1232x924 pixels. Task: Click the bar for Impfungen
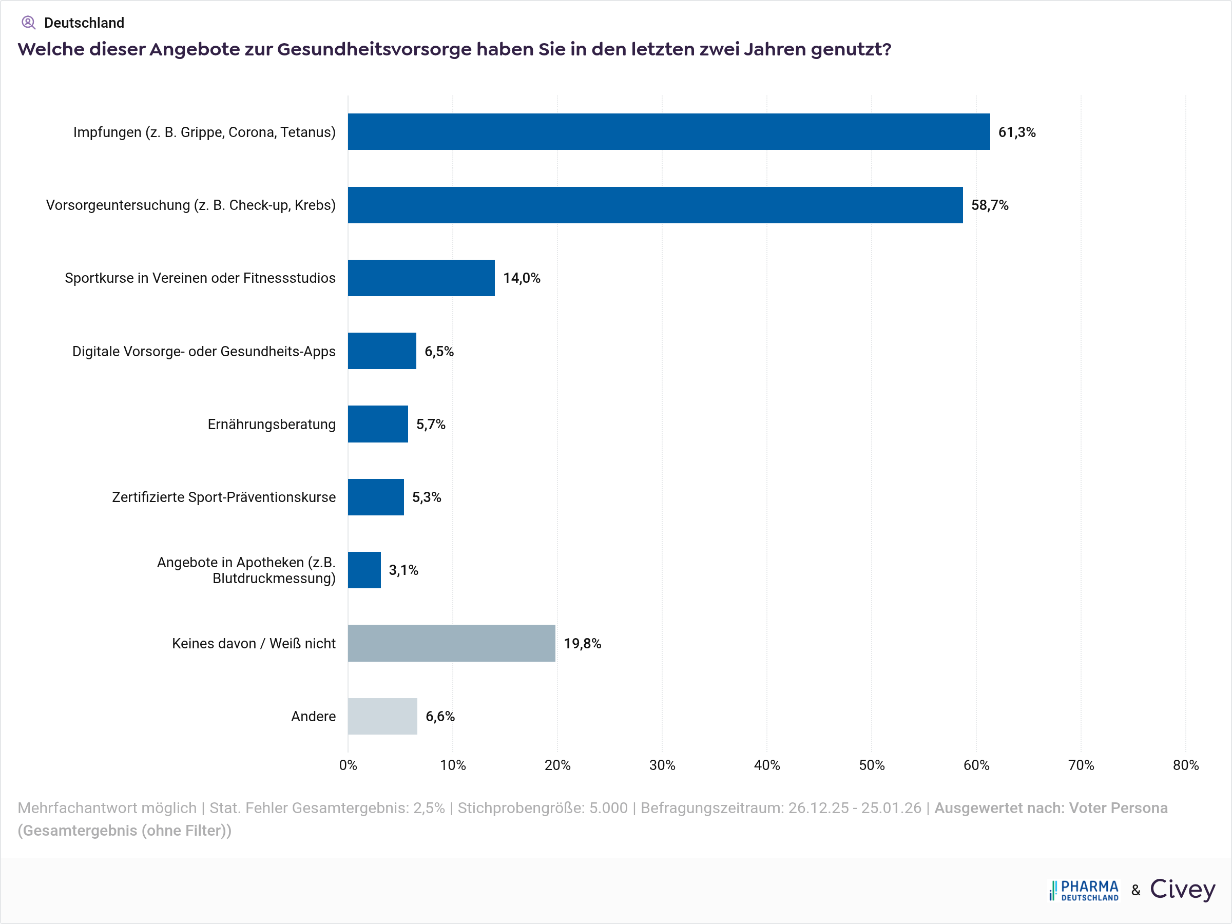(x=668, y=132)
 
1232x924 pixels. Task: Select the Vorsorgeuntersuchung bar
(x=655, y=205)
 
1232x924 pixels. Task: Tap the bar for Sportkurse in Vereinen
(x=421, y=278)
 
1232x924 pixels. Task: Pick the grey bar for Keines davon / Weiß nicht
(x=451, y=643)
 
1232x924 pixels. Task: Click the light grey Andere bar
(x=382, y=716)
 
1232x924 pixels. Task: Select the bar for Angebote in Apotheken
(x=364, y=570)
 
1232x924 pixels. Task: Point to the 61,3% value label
(x=1016, y=132)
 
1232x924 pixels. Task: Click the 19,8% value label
(x=582, y=644)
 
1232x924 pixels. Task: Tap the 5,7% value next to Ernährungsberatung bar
(x=431, y=425)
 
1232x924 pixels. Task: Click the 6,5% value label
(x=439, y=352)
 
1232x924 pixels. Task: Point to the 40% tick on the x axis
(x=766, y=765)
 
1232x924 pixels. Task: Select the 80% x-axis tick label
(x=1185, y=765)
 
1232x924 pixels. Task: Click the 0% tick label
(x=348, y=765)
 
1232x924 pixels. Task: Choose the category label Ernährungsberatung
(x=271, y=425)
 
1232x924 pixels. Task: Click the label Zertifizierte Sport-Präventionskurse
(x=223, y=497)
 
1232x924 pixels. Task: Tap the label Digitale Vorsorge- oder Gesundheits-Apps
(x=204, y=352)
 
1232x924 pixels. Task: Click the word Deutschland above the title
(x=84, y=23)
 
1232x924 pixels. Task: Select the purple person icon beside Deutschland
(x=28, y=23)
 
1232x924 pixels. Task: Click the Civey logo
(x=1182, y=890)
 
